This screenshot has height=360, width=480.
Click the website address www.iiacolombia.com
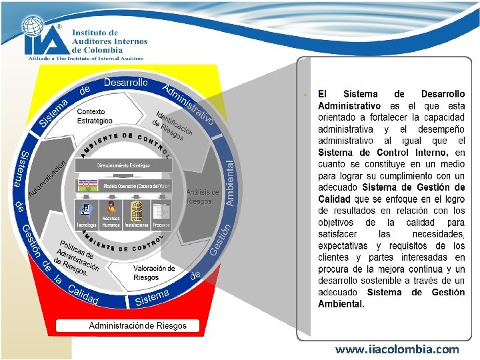click(397, 349)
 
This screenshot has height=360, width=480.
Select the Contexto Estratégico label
click(94, 115)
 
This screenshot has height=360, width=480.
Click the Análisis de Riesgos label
click(203, 197)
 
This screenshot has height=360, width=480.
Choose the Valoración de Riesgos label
click(154, 273)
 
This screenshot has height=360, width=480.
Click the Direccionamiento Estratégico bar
click(124, 165)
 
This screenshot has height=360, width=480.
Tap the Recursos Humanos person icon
click(111, 208)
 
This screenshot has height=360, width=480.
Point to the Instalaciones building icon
click(136, 211)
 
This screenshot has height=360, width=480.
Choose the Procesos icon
click(160, 211)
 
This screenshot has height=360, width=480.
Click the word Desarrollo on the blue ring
click(125, 83)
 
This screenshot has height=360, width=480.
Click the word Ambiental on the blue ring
click(231, 182)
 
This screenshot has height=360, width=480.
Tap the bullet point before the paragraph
click(304, 95)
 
